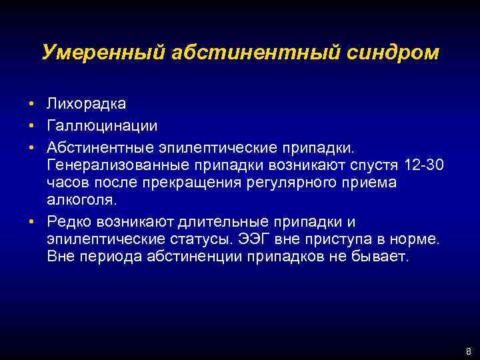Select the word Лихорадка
[x=86, y=104]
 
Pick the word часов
[x=67, y=183]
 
